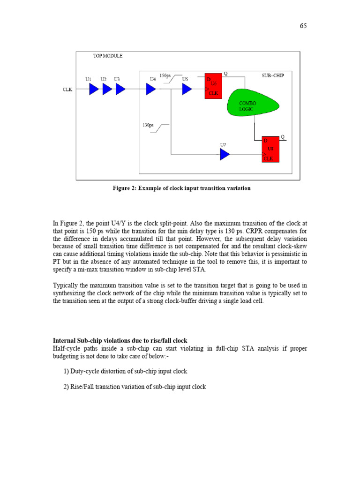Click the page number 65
(x=303, y=26)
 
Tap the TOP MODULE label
(x=108, y=56)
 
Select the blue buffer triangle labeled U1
(x=94, y=89)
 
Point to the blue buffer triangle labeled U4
(x=151, y=89)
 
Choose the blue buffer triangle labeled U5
(x=187, y=89)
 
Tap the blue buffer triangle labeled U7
(x=225, y=154)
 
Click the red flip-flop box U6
(x=213, y=86)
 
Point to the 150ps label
(x=165, y=75)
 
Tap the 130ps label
(x=148, y=125)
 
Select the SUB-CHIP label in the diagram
(x=273, y=75)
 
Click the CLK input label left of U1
(x=67, y=90)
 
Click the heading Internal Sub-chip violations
(x=120, y=341)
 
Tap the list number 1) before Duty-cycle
(x=66, y=371)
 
